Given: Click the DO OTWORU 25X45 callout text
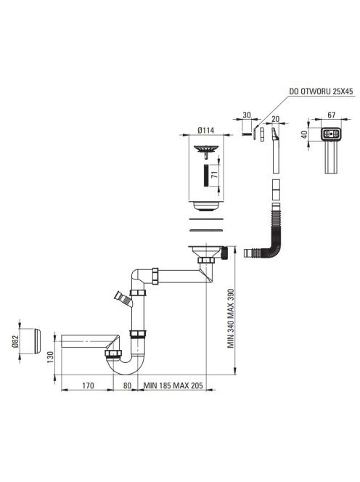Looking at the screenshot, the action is [321, 91].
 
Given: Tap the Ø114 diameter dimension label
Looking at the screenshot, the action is [205, 131].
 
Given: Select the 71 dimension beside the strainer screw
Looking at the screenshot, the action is [215, 175].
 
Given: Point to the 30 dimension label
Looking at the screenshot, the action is [247, 115].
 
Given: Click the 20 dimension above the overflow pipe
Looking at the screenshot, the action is [276, 118].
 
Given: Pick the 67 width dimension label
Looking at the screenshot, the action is [331, 115].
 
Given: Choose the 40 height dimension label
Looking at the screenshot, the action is [304, 134].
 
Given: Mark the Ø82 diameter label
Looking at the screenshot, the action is [15, 341].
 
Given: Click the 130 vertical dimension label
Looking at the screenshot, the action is [50, 357].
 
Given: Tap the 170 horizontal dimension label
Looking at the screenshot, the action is [88, 385].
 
